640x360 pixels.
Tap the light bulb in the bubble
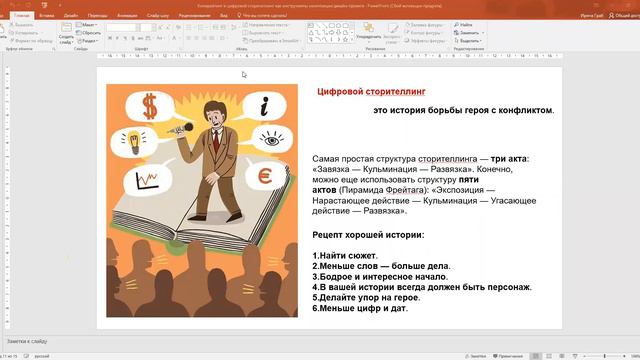[x=129, y=139]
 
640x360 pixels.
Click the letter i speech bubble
[x=262, y=104]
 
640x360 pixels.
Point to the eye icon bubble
[x=271, y=140]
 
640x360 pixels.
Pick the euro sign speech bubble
[x=266, y=177]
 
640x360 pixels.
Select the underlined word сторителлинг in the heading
[x=396, y=92]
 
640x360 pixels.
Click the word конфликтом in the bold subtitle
[x=523, y=110]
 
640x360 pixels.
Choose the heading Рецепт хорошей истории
[x=368, y=235]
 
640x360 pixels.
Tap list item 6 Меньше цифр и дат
[x=361, y=308]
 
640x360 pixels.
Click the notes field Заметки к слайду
[x=27, y=341]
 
